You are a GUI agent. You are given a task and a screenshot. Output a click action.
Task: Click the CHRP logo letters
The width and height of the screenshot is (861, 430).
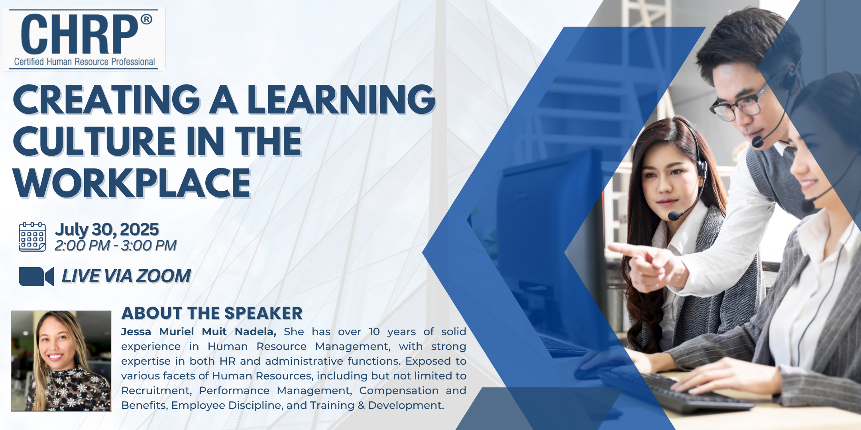79,34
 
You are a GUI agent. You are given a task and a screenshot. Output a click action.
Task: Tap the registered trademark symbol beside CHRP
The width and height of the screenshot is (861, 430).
146,19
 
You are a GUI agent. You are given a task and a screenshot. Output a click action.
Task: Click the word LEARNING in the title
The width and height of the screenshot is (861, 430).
341,100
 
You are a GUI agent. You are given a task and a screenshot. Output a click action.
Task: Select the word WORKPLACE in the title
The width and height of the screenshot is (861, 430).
132,183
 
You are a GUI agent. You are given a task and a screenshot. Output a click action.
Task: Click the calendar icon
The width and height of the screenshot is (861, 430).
32,237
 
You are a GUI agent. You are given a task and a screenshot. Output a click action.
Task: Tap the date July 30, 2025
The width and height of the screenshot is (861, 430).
107,230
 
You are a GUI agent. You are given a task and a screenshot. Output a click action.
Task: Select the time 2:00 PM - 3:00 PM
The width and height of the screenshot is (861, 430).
116,246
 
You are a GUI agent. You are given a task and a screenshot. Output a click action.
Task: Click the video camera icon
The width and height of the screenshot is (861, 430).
36,276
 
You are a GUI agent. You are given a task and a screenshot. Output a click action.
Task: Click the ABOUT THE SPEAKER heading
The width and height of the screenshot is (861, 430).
212,313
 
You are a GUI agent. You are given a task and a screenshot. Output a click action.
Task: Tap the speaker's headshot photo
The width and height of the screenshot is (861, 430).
61,361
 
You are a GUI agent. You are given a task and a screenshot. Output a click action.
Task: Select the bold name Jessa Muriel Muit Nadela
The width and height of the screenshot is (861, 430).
199,332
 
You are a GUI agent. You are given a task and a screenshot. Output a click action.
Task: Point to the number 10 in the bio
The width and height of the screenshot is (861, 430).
374,332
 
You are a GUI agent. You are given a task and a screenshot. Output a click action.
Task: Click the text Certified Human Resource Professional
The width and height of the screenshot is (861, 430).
85,62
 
